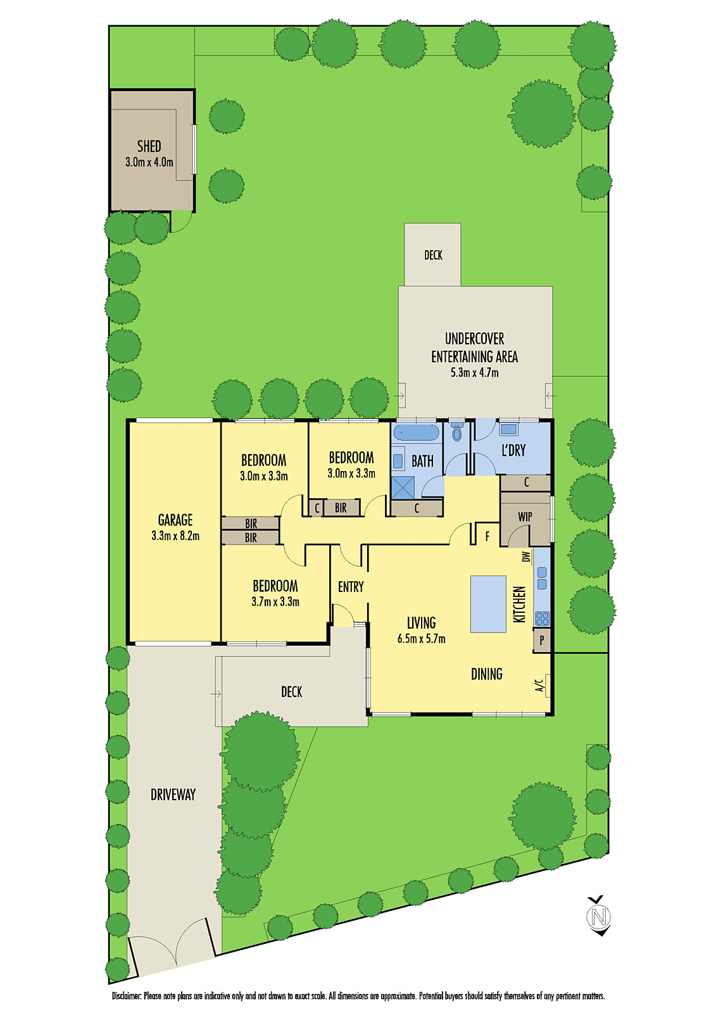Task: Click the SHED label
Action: (149, 146)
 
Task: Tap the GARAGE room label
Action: (175, 520)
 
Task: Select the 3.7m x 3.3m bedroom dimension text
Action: (275, 601)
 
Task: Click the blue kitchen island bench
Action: (488, 603)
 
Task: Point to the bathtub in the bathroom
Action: (416, 433)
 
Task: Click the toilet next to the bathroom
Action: (457, 432)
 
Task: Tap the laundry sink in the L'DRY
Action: (508, 429)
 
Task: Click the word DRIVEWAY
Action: (173, 794)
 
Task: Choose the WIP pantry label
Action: (525, 517)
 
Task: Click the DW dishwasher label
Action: (525, 557)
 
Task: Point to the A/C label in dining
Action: (539, 685)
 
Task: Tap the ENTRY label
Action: (351, 587)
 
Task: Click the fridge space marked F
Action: (487, 536)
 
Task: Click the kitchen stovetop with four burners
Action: (542, 618)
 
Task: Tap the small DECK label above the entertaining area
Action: (433, 255)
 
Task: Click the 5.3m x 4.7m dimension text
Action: (474, 373)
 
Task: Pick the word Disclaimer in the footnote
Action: (127, 996)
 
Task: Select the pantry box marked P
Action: (542, 640)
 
